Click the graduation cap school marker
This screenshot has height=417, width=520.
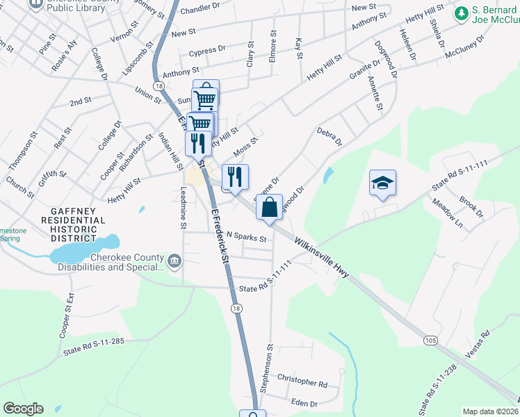coord(382,183)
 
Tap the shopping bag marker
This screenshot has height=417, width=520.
coord(269,207)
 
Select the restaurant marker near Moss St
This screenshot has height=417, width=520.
coord(235,178)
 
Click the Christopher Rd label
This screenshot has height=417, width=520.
coord(302,383)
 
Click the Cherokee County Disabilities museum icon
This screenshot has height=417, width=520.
coord(174,261)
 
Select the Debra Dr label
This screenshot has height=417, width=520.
coord(330,136)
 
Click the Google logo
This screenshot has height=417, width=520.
coord(23,409)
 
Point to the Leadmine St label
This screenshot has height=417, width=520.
coord(184,208)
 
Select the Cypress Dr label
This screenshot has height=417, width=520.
coord(207,51)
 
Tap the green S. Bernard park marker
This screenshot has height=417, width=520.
coord(461,13)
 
